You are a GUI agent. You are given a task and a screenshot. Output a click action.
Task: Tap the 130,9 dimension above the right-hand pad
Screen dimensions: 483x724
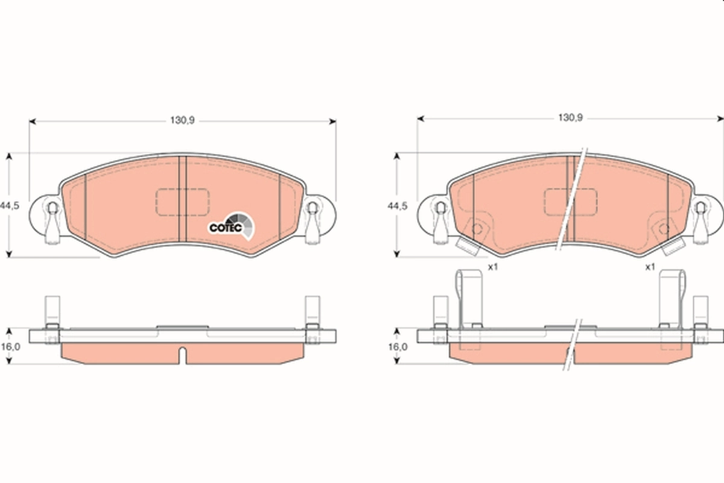(x=570, y=118)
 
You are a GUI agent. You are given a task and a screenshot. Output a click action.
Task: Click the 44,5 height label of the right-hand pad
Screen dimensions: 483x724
(x=398, y=205)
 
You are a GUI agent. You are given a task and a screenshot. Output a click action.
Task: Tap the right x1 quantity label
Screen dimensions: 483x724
(x=650, y=267)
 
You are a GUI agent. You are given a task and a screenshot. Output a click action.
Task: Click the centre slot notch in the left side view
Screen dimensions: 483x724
(x=182, y=353)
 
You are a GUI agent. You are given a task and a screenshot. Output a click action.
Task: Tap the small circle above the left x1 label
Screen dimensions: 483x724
(x=477, y=229)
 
